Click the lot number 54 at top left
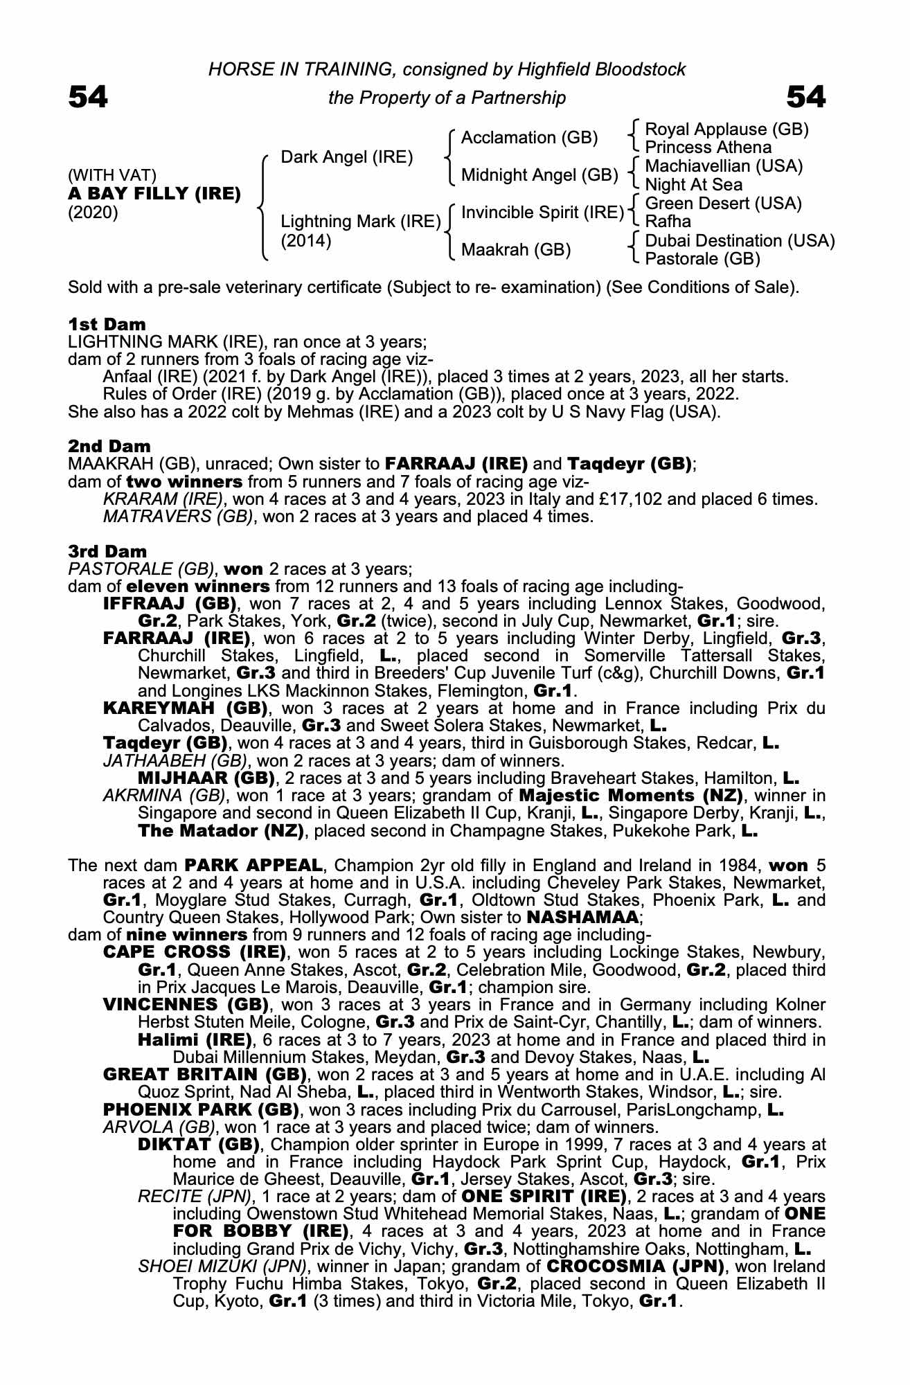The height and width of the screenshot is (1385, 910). pyautogui.click(x=88, y=98)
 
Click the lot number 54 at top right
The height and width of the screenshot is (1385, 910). pyautogui.click(x=806, y=98)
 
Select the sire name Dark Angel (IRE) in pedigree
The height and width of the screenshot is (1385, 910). pyautogui.click(x=346, y=157)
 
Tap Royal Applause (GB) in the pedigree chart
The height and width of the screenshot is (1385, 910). pyautogui.click(x=726, y=129)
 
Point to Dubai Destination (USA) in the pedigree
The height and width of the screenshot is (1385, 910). pyautogui.click(x=740, y=241)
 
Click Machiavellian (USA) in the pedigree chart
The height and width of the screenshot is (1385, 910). pyautogui.click(x=724, y=166)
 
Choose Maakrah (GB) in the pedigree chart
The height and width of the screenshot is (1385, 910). pyautogui.click(x=516, y=249)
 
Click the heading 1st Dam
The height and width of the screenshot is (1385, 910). pyautogui.click(x=107, y=324)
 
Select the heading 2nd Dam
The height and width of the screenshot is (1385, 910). pyautogui.click(x=109, y=446)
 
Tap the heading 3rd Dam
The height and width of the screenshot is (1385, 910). pyautogui.click(x=107, y=551)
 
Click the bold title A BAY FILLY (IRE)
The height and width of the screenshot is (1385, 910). pyautogui.click(x=154, y=193)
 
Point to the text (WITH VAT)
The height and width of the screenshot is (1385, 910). pyautogui.click(x=112, y=175)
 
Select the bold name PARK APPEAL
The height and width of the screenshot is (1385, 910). pyautogui.click(x=253, y=866)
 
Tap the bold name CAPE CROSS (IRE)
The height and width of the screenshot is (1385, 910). pyautogui.click(x=195, y=952)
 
